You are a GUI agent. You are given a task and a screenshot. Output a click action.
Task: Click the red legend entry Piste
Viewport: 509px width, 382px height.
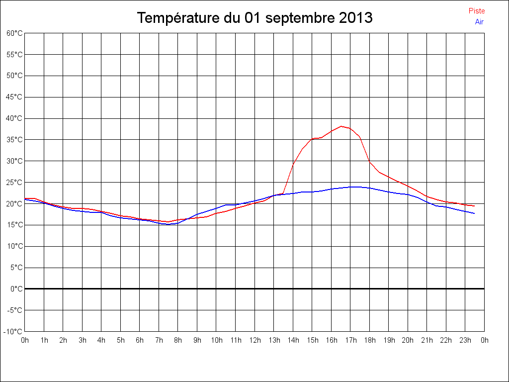(476, 11)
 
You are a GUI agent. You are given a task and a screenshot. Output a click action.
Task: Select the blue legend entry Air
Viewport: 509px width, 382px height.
(479, 22)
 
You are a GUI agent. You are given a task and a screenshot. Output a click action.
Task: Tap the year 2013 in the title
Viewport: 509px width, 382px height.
(356, 18)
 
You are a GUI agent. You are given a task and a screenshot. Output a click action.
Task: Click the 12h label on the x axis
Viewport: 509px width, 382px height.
(255, 341)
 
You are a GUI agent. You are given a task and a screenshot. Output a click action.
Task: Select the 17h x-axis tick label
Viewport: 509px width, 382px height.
(351, 341)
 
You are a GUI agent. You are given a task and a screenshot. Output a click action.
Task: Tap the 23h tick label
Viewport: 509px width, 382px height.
(466, 341)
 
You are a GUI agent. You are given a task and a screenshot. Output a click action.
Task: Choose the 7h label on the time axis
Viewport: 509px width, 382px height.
(159, 341)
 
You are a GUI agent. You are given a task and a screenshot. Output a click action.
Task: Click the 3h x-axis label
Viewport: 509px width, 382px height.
(83, 341)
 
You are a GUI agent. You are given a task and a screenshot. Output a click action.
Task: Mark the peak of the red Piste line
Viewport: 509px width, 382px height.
(341, 126)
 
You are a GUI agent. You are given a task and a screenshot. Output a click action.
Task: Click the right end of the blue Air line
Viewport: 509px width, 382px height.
(475, 213)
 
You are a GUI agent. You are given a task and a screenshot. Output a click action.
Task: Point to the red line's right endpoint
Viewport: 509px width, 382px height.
(475, 206)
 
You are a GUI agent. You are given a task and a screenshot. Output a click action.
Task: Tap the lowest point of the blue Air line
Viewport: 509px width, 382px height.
(169, 224)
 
